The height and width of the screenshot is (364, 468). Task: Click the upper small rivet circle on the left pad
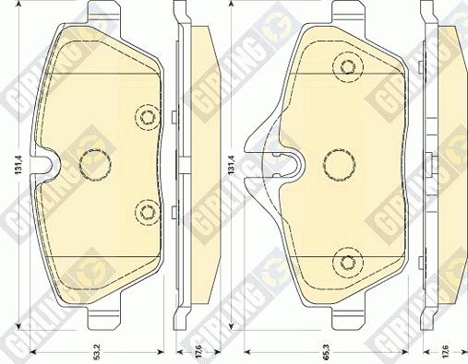146,116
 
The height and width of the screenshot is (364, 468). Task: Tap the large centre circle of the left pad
94,165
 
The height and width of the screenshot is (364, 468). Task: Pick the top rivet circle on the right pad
347,67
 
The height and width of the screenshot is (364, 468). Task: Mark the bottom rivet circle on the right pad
347,262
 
